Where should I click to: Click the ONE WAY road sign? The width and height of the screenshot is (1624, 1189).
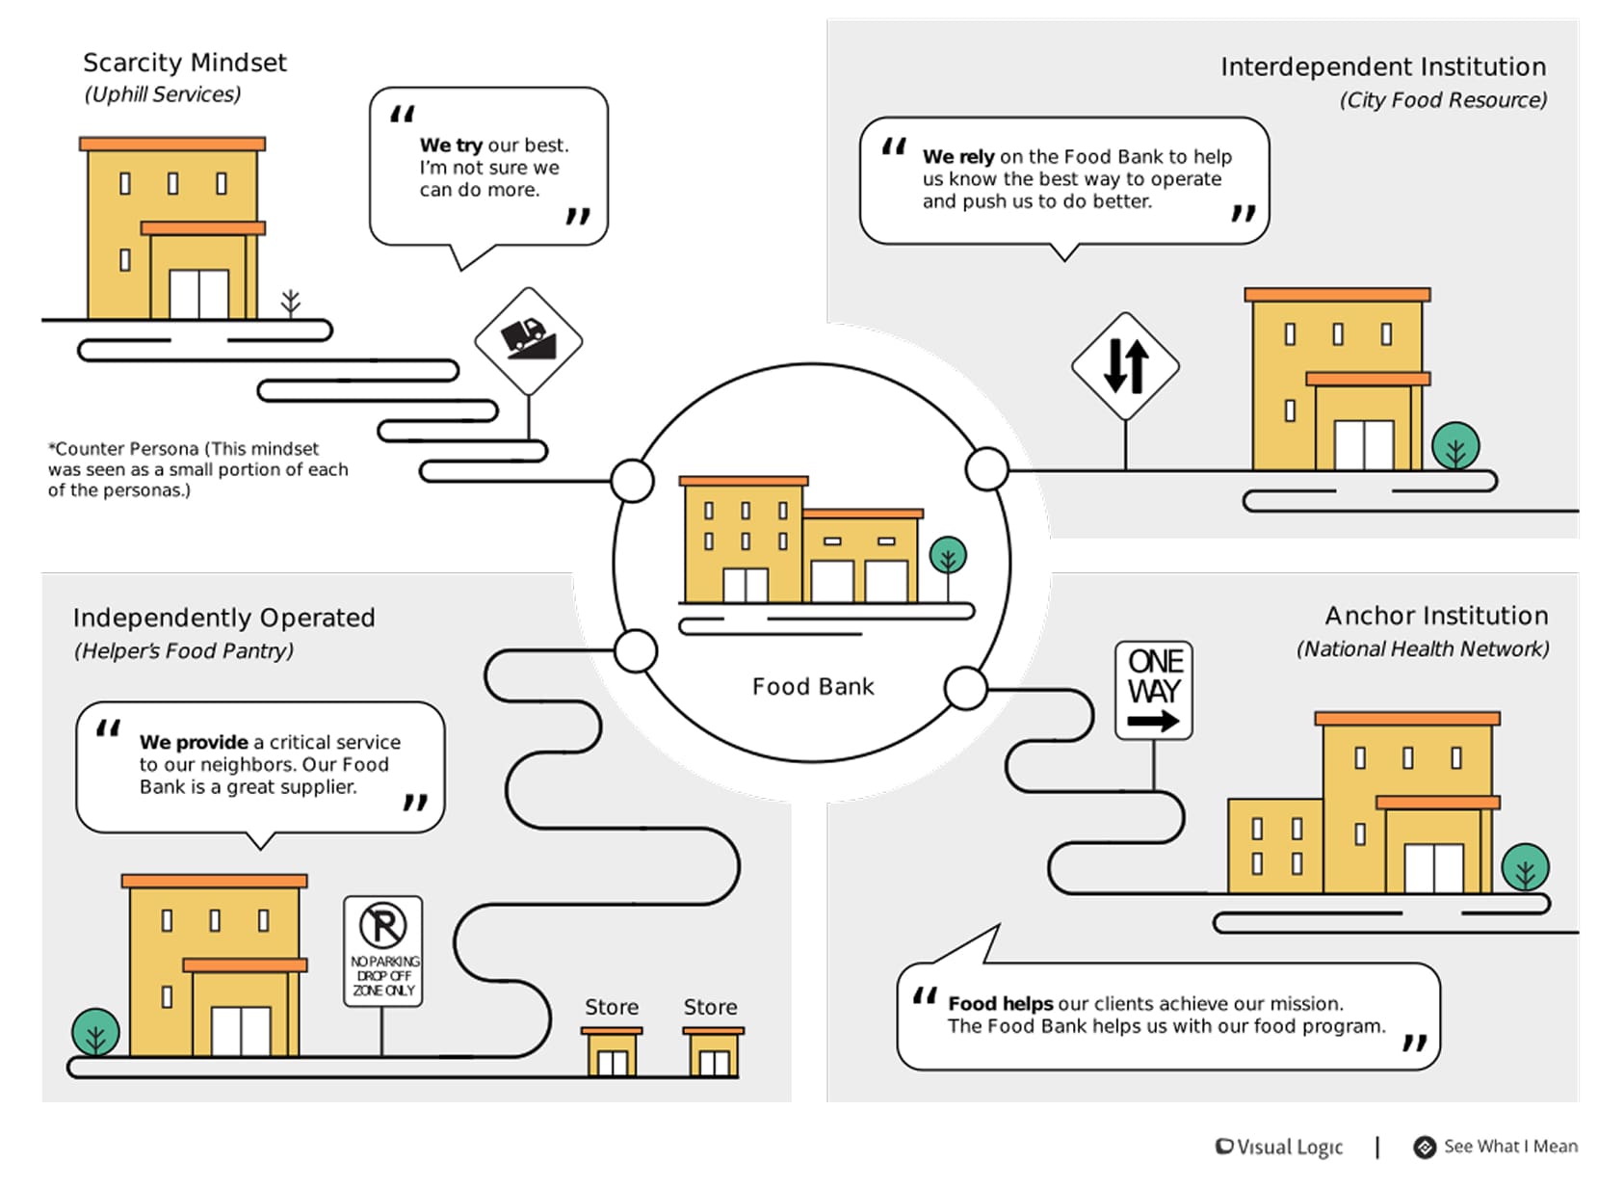[1153, 690]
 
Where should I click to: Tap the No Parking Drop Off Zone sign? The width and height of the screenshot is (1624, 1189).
[382, 951]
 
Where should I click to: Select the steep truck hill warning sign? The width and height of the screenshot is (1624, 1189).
[528, 341]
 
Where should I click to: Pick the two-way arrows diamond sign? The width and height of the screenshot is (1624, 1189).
[1125, 366]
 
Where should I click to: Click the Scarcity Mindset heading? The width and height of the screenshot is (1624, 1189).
[185, 63]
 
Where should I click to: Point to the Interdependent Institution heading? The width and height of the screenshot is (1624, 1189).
[1382, 66]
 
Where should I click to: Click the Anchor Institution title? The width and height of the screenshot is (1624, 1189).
[1435, 616]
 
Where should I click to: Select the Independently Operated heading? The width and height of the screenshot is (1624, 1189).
[223, 618]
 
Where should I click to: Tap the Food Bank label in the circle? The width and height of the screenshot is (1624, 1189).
[813, 687]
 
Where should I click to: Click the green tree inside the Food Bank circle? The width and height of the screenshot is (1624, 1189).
[948, 556]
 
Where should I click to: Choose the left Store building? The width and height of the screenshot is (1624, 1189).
[612, 1052]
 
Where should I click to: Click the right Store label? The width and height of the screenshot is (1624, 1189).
[710, 1007]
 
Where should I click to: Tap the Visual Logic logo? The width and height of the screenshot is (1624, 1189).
[1279, 1147]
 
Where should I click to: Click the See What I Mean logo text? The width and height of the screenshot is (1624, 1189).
[1509, 1147]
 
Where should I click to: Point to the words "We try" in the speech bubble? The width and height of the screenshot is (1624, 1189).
[451, 145]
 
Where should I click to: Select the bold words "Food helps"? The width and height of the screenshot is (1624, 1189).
[1000, 1004]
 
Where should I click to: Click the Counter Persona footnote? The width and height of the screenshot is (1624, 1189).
[197, 469]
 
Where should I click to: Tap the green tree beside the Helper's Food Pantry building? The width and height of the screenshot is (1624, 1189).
[95, 1032]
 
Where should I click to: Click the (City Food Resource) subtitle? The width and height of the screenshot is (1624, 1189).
[1442, 100]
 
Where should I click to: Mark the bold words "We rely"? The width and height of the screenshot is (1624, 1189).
[958, 157]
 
